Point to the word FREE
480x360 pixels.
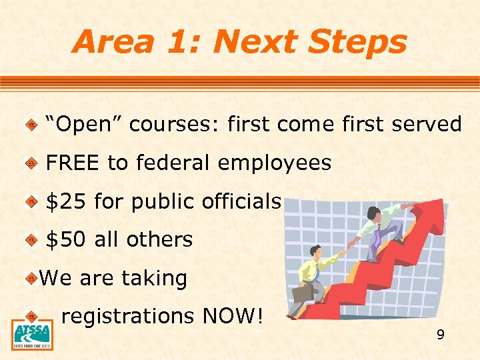(73, 163)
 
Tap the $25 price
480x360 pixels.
(66, 201)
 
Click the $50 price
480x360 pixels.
(66, 239)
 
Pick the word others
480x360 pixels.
(163, 239)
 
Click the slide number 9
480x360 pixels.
(440, 335)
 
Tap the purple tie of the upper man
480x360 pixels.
(377, 235)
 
